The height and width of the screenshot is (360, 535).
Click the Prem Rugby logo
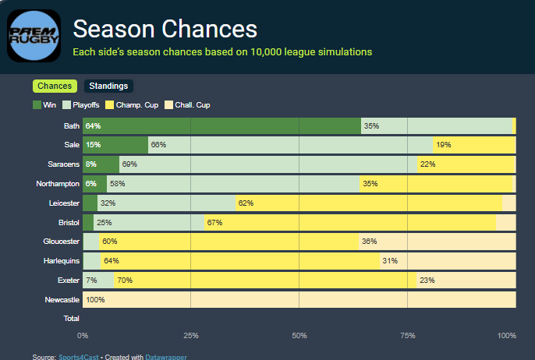[34, 35]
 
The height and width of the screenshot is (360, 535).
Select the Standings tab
[109, 86]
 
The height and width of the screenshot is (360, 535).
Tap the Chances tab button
[54, 86]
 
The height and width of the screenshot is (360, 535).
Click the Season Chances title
[165, 30]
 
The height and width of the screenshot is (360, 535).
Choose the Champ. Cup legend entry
[129, 105]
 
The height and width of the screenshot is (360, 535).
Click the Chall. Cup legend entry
[187, 105]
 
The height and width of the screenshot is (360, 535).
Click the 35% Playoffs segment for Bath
[437, 125]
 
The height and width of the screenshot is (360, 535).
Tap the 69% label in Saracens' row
[129, 164]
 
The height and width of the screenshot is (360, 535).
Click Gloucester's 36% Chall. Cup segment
[437, 242]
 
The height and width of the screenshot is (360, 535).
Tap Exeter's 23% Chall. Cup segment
[466, 280]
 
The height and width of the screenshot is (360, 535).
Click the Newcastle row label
[63, 299]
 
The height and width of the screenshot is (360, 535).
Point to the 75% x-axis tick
[406, 335]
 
